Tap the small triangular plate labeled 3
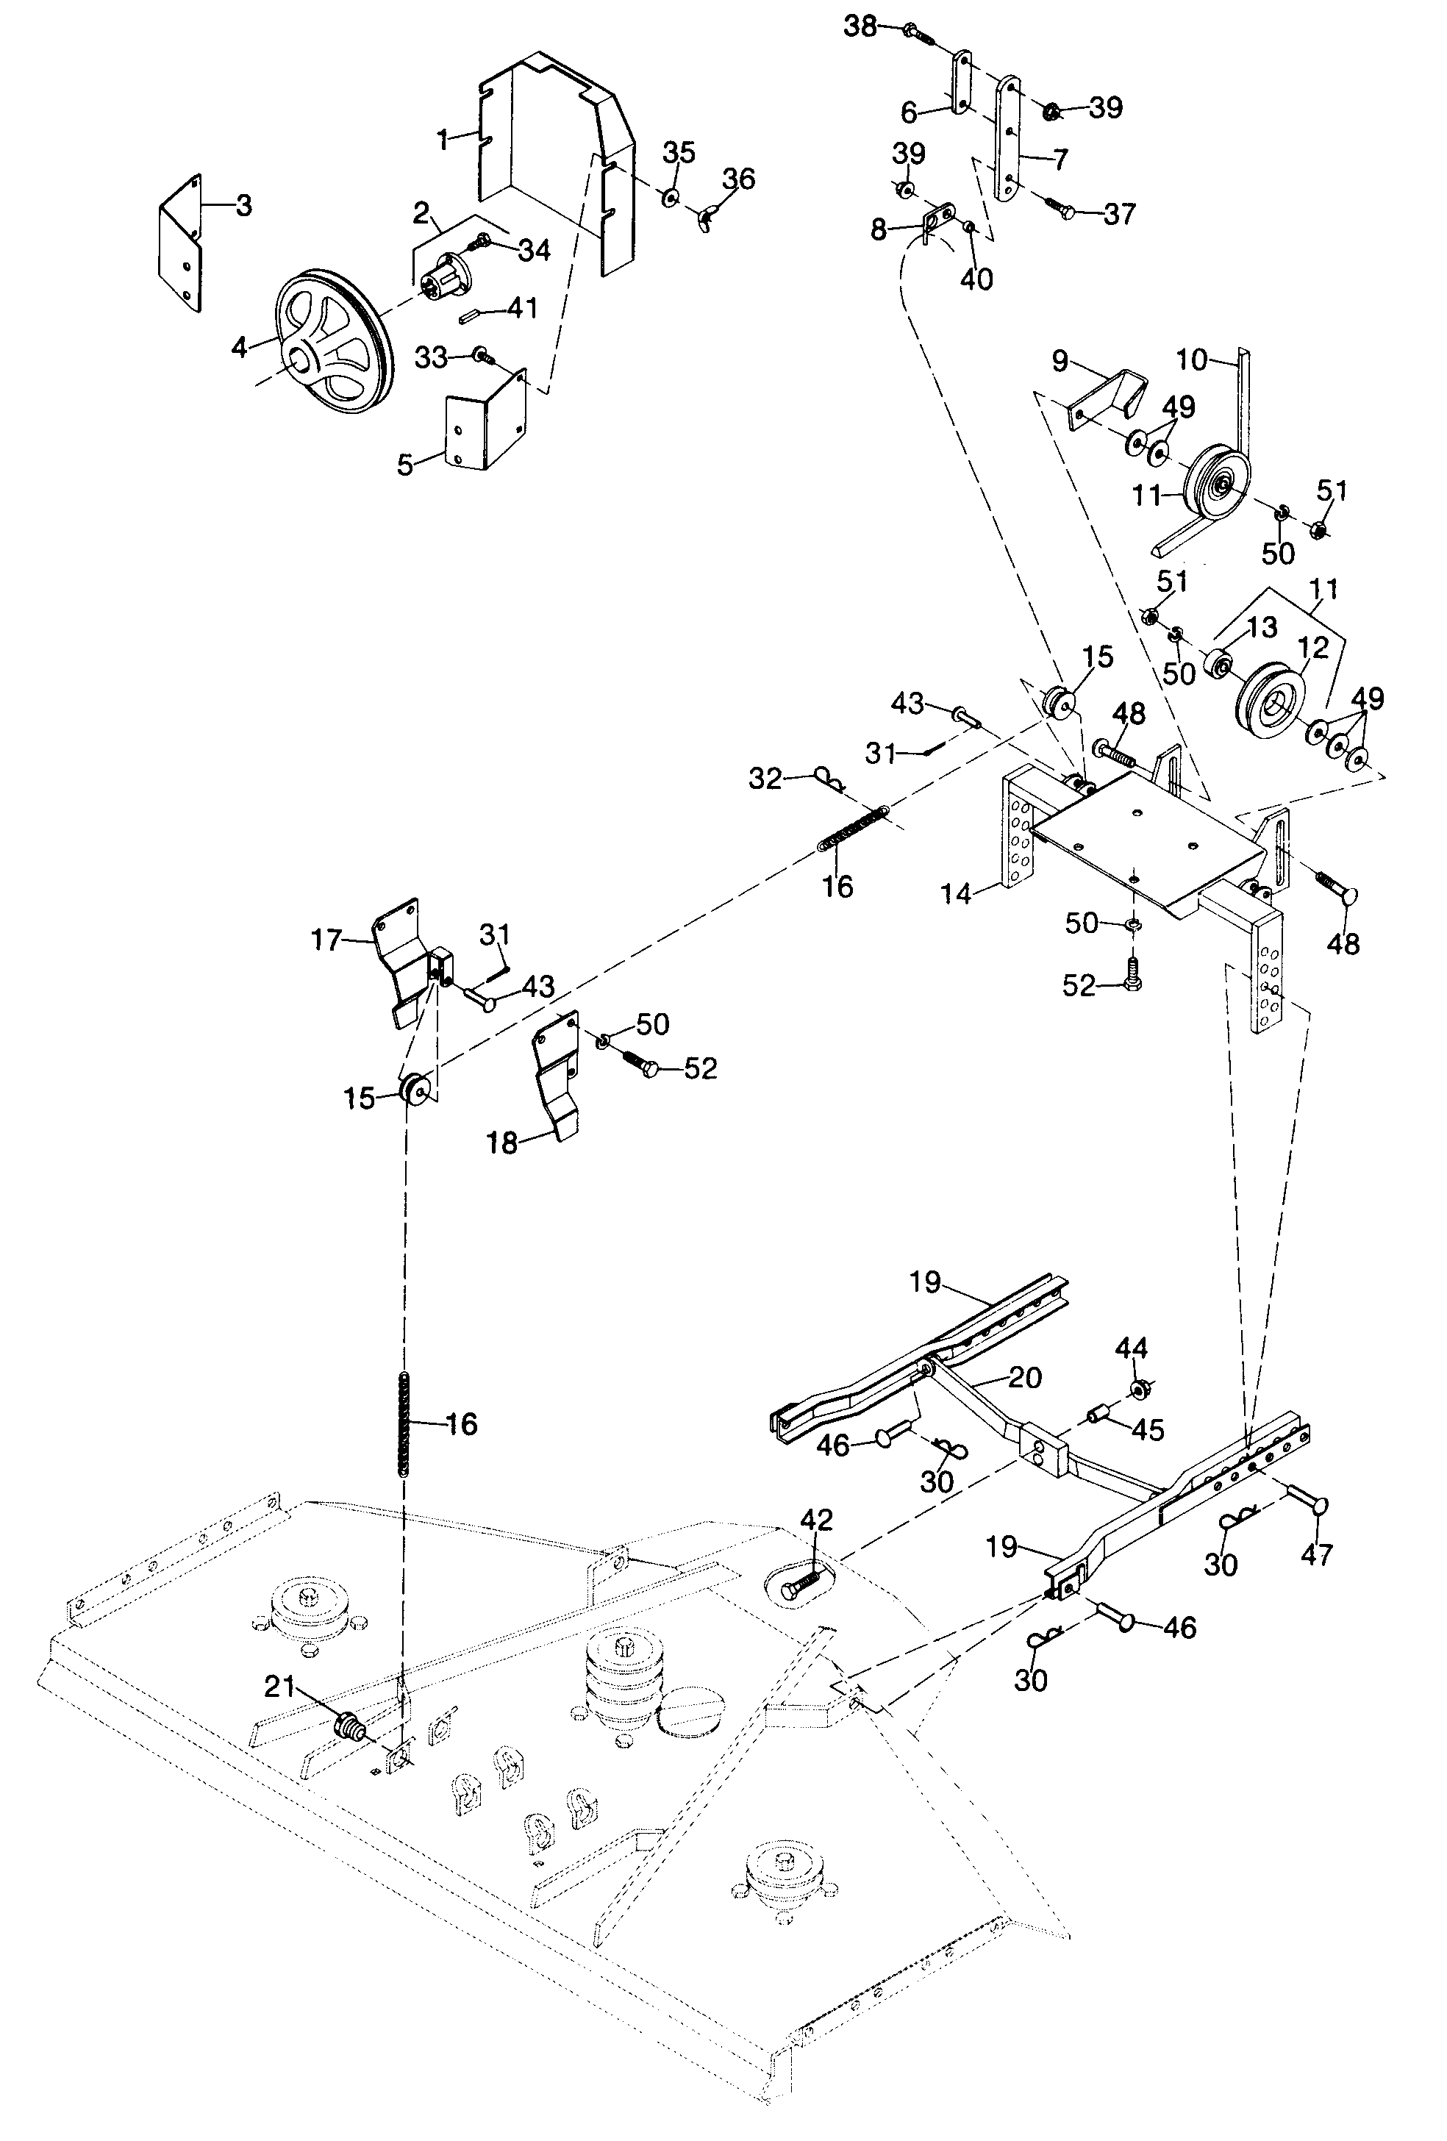(x=182, y=241)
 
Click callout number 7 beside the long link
(x=1060, y=160)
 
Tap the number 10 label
(x=1192, y=360)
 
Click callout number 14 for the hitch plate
(x=956, y=893)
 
